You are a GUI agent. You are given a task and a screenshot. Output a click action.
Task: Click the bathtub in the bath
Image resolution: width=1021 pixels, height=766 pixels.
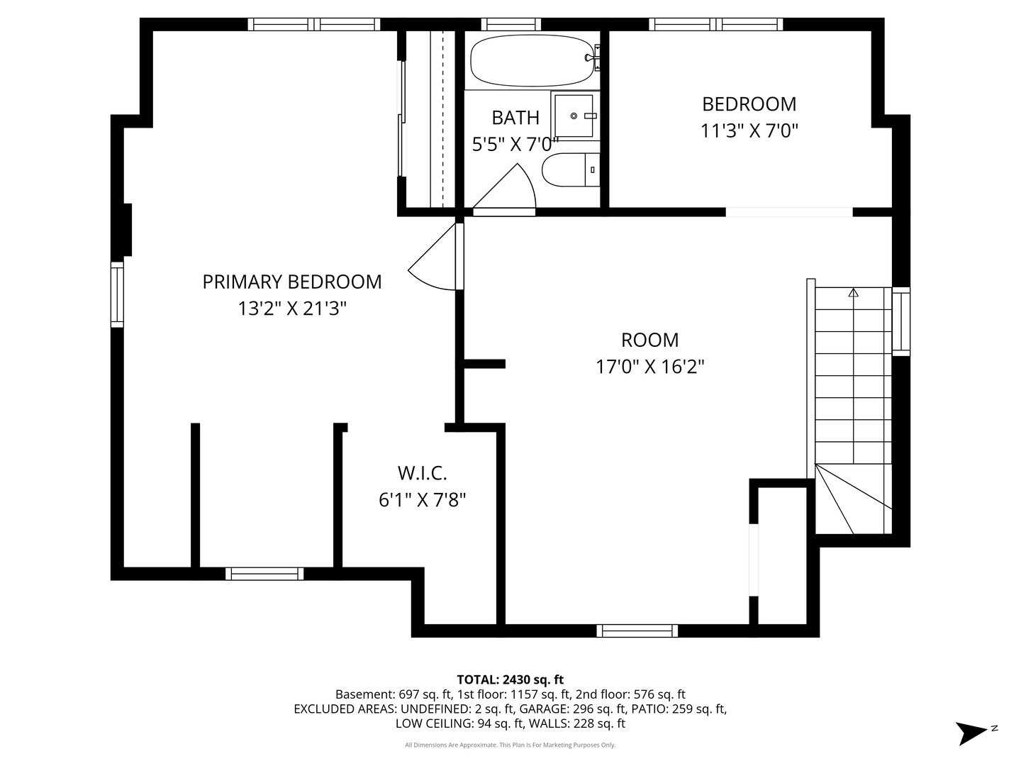click(x=532, y=60)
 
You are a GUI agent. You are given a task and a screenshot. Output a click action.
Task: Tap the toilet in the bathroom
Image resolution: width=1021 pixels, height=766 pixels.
click(x=571, y=170)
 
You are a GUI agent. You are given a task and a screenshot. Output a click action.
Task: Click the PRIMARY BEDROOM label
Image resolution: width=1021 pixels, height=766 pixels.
click(x=291, y=282)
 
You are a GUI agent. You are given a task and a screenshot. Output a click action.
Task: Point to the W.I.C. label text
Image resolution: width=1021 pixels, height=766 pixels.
click(x=422, y=474)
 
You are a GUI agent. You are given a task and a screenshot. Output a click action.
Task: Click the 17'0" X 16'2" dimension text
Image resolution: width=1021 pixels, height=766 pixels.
click(x=649, y=367)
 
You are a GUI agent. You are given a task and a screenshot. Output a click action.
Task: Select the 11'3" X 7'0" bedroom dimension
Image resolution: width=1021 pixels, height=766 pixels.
click(x=749, y=131)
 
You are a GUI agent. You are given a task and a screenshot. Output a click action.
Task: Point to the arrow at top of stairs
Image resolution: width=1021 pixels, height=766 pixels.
click(x=853, y=292)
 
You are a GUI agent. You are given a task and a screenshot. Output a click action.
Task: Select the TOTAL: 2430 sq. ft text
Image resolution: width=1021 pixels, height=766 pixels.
click(x=510, y=679)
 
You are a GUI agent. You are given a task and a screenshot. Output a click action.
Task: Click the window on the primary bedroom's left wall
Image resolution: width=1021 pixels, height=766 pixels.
click(x=117, y=294)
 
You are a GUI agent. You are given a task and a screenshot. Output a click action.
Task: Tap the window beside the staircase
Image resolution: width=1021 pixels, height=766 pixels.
click(x=900, y=321)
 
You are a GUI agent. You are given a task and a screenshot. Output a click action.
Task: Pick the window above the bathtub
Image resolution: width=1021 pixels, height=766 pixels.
click(x=510, y=24)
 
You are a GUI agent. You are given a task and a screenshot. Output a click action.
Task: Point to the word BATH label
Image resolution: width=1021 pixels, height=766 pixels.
click(x=515, y=118)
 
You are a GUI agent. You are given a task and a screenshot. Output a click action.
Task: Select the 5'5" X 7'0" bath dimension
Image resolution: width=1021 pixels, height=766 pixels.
click(x=515, y=145)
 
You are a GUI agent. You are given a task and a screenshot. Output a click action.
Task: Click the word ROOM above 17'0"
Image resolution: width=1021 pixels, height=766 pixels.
click(x=649, y=340)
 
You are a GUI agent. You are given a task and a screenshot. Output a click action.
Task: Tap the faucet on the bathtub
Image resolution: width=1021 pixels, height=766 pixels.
click(x=593, y=58)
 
